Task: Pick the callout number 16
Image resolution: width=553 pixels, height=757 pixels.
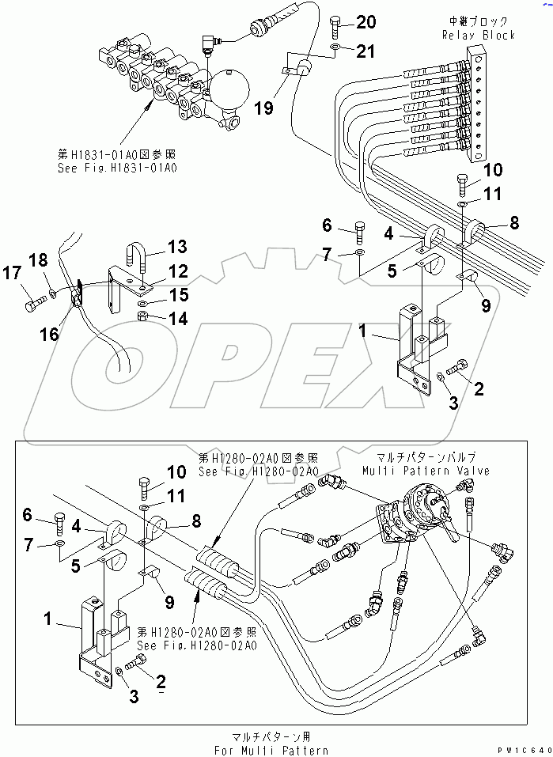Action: [x=50, y=334]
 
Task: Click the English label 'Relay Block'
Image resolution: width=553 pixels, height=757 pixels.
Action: [x=479, y=35]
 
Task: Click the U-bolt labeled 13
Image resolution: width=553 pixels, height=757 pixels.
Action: [x=134, y=256]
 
